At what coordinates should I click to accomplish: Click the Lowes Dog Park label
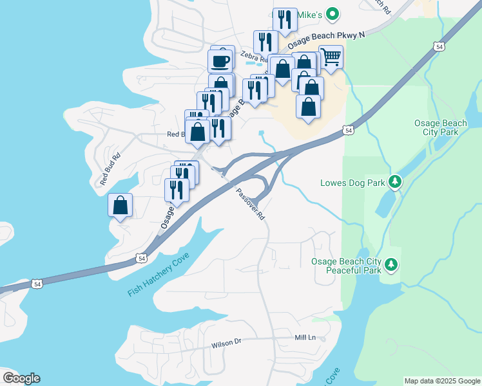point(352,183)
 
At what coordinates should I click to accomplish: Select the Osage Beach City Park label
point(436,127)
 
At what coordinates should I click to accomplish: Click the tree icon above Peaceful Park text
point(390,264)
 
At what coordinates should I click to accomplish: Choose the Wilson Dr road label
point(226,344)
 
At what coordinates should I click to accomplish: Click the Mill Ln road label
point(305,337)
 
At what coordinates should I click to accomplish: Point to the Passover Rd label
point(250,205)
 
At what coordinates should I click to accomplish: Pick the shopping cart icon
point(331,56)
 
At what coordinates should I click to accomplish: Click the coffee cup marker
point(220,60)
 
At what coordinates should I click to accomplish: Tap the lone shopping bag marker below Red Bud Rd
point(120,205)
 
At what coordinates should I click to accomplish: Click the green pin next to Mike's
point(332,13)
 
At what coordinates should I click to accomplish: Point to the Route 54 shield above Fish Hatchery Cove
point(140,258)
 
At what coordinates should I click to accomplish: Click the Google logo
point(21,378)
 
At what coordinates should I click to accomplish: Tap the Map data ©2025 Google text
point(442,381)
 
